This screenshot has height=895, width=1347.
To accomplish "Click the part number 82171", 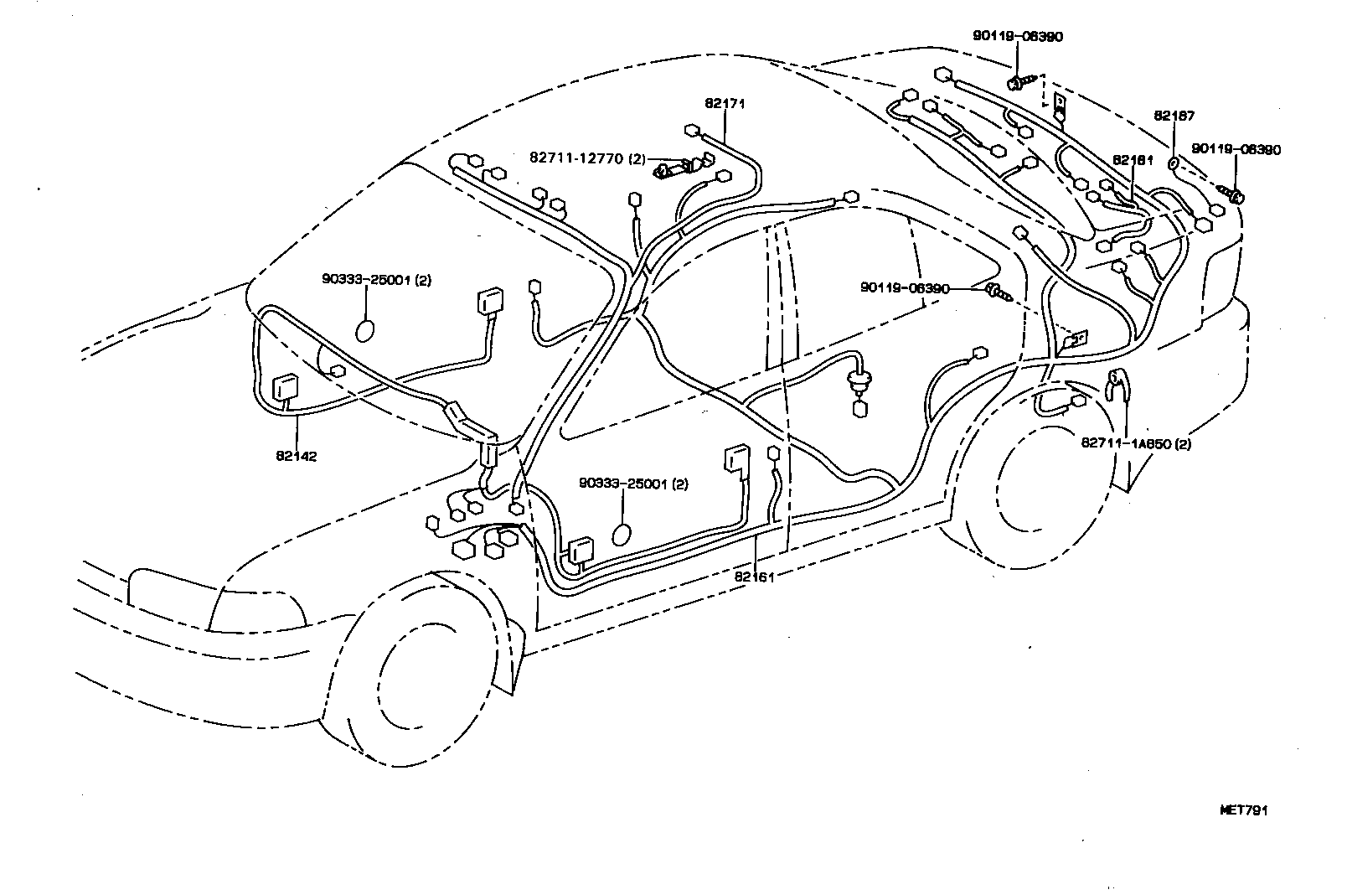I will point(725,104).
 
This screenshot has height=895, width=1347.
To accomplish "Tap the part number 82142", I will point(296,456).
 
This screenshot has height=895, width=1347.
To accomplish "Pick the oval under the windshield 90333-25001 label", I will point(367,329).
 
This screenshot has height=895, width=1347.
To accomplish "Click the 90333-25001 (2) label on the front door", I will point(633,484).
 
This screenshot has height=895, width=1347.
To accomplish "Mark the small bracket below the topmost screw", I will point(1060,105).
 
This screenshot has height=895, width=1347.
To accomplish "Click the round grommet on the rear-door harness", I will point(858,386).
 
